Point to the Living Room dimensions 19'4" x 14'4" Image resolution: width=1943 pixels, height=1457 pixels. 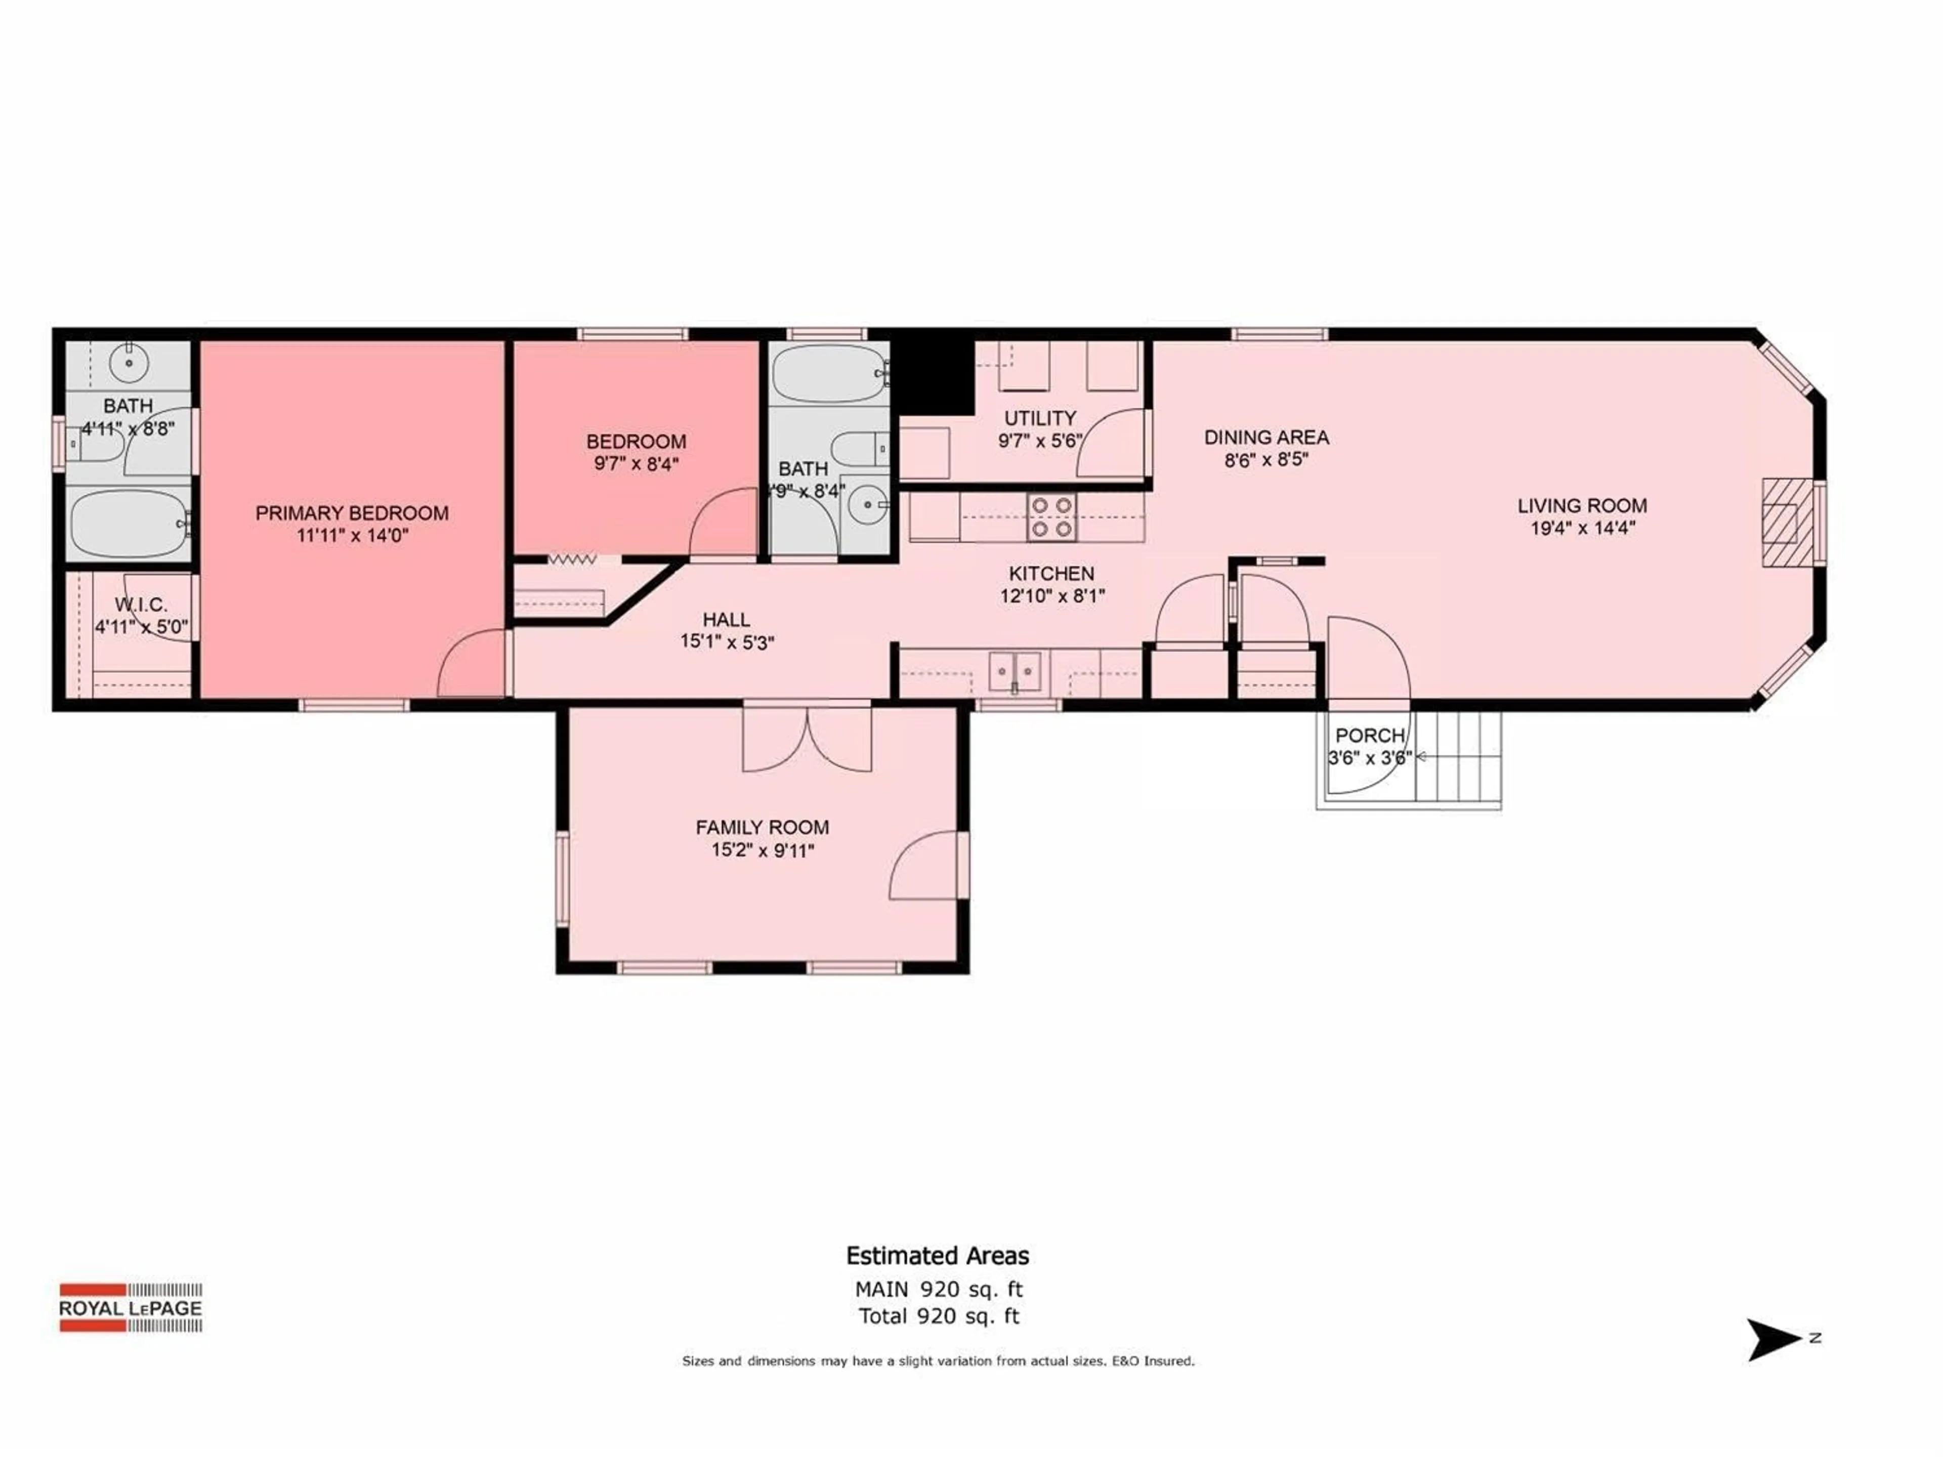(1582, 528)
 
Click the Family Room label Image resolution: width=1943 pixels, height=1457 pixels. (762, 827)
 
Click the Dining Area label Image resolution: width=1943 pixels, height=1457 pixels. (1266, 437)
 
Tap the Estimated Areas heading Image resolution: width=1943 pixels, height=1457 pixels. (937, 1256)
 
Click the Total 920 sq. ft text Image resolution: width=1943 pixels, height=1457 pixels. (938, 1316)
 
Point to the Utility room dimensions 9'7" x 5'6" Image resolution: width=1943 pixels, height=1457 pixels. (1039, 441)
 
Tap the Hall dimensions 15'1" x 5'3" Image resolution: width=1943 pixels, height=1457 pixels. (727, 642)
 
